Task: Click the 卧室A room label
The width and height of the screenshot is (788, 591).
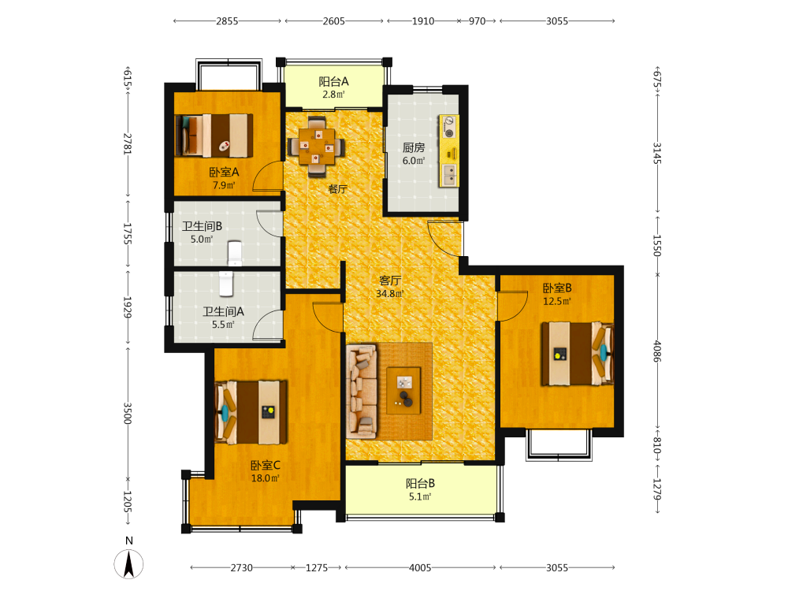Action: pyautogui.click(x=224, y=172)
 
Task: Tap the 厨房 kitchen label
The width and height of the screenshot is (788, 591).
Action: pyautogui.click(x=414, y=148)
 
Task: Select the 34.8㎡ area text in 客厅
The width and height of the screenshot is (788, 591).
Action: pyautogui.click(x=390, y=293)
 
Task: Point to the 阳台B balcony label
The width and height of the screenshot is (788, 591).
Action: pyautogui.click(x=420, y=484)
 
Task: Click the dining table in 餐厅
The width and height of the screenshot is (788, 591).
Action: pyautogui.click(x=317, y=147)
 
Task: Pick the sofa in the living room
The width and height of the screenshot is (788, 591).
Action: pyautogui.click(x=362, y=391)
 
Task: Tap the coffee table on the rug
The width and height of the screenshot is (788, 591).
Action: pyautogui.click(x=403, y=391)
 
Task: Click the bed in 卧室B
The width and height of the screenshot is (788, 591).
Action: pyautogui.click(x=578, y=354)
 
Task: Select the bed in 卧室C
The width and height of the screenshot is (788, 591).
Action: pyautogui.click(x=251, y=413)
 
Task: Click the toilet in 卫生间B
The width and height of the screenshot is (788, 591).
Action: pyautogui.click(x=235, y=253)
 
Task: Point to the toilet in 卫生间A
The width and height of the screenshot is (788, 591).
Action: pyautogui.click(x=226, y=284)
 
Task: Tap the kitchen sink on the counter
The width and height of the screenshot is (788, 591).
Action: pyautogui.click(x=450, y=174)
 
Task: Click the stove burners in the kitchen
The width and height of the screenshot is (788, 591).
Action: pyautogui.click(x=448, y=127)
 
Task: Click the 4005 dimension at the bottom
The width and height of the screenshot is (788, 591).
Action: pyautogui.click(x=420, y=568)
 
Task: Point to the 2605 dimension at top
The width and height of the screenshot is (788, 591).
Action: pyautogui.click(x=333, y=21)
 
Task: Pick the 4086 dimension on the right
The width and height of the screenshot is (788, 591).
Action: pyautogui.click(x=657, y=351)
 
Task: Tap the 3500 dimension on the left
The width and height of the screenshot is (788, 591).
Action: pyautogui.click(x=128, y=413)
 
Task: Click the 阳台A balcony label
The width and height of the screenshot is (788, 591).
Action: pyautogui.click(x=333, y=81)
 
